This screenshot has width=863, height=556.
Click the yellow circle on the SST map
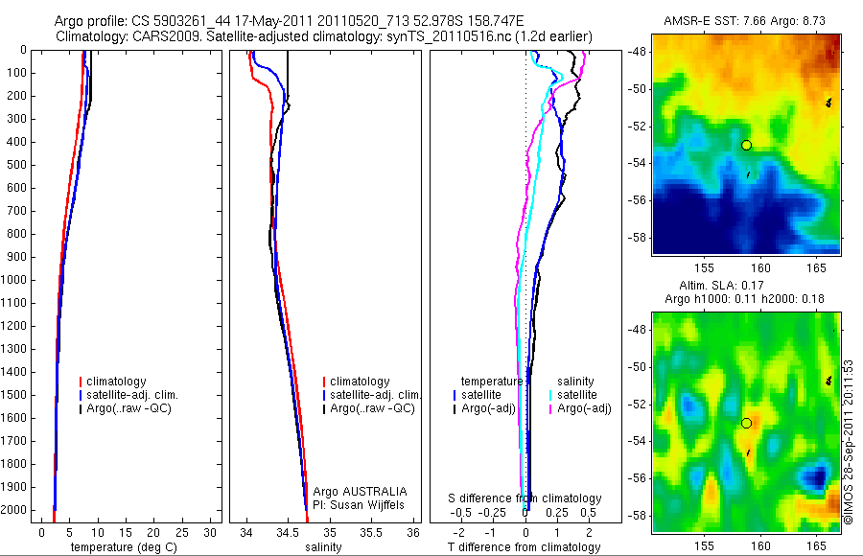pos(746,145)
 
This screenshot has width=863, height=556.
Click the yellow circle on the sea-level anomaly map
pos(746,423)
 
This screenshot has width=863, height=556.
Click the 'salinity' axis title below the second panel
pos(322,547)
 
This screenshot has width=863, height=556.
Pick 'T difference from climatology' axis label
pos(525,547)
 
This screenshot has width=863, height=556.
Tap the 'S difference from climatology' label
pos(525,498)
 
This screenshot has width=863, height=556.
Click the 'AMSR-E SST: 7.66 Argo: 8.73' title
pos(745,20)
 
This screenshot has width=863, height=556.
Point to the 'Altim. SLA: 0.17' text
pos(745,286)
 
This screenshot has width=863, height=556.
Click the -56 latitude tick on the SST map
pos(639,200)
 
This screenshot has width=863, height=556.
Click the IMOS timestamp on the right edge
pos(849,441)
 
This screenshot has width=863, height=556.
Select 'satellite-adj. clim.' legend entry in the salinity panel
pos(375,395)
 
